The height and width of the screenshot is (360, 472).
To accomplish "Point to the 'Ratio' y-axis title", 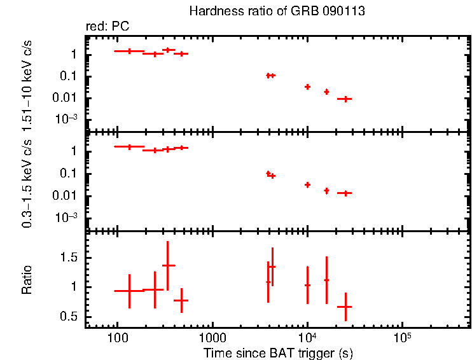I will (27, 280).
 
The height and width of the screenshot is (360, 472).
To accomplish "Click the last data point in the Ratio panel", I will (345, 307).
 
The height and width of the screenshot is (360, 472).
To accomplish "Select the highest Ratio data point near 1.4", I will (168, 265).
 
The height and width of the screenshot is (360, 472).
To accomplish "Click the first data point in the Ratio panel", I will (129, 291).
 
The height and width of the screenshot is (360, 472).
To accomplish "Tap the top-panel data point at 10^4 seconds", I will (307, 87).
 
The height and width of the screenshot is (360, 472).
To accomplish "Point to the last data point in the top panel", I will (345, 99).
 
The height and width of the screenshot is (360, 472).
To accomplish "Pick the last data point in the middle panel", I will (345, 193).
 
